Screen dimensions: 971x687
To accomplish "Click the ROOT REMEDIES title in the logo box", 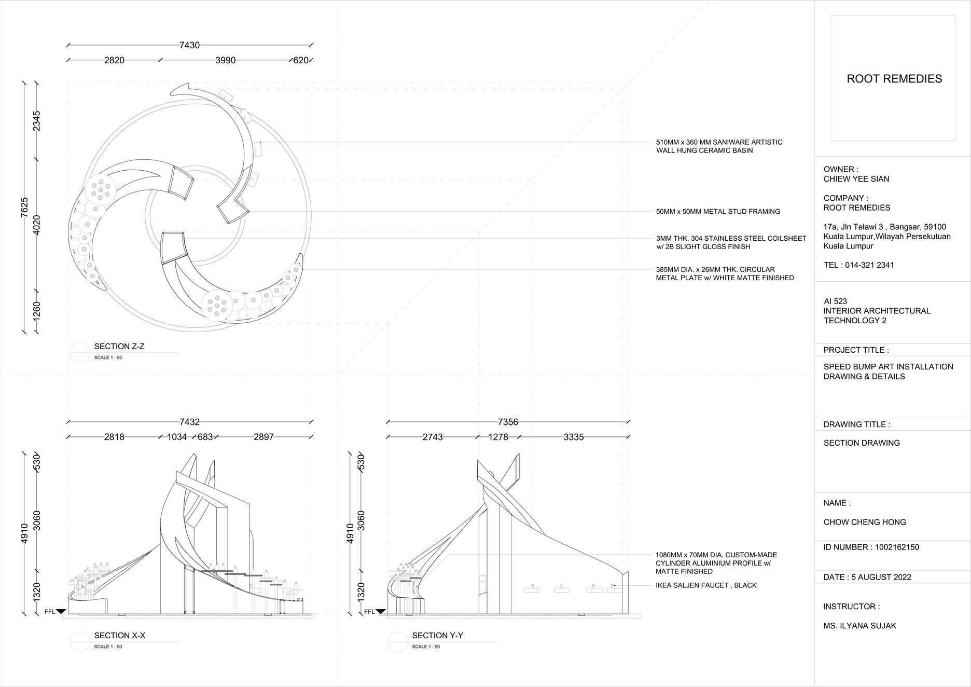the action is [894, 79].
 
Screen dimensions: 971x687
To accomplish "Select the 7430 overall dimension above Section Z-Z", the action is [189, 45].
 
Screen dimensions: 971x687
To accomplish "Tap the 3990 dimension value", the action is [226, 60].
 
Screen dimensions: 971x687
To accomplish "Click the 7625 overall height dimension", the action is [24, 207].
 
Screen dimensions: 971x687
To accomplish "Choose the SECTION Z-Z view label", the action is [119, 347].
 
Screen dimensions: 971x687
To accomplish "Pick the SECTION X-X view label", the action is [119, 636].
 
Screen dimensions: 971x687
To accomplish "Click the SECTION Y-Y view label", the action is [438, 636].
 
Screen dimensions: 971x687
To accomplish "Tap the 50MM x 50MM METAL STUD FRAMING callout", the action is [718, 212].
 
